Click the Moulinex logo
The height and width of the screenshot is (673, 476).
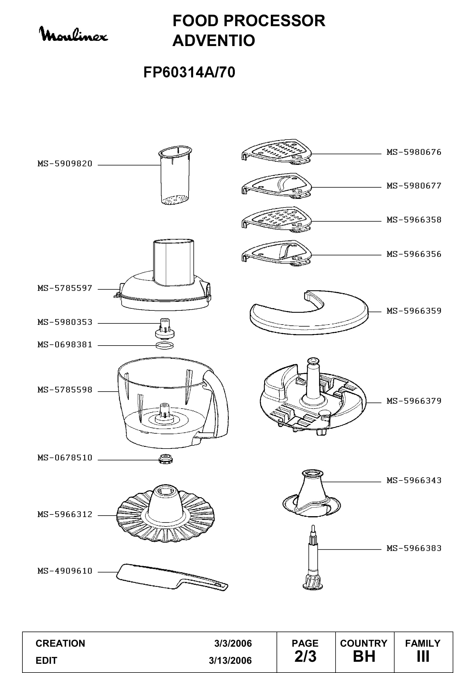(x=73, y=34)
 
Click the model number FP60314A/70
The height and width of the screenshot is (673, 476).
(x=189, y=72)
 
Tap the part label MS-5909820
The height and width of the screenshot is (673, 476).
(x=65, y=163)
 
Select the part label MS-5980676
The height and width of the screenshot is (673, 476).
(x=414, y=152)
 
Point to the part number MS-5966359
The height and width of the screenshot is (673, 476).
(x=414, y=311)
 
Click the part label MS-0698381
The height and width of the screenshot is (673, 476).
(x=65, y=344)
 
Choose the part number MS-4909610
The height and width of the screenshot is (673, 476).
(x=65, y=571)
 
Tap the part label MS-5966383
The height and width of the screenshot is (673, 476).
(x=414, y=548)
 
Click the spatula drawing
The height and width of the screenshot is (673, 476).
(x=172, y=577)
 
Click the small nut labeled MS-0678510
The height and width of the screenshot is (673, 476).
(x=165, y=459)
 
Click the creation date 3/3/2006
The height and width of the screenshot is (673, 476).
(x=233, y=643)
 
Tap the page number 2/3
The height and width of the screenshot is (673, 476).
(x=305, y=657)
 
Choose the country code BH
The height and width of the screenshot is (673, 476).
(x=364, y=657)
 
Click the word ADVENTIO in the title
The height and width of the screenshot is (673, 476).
(x=214, y=41)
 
